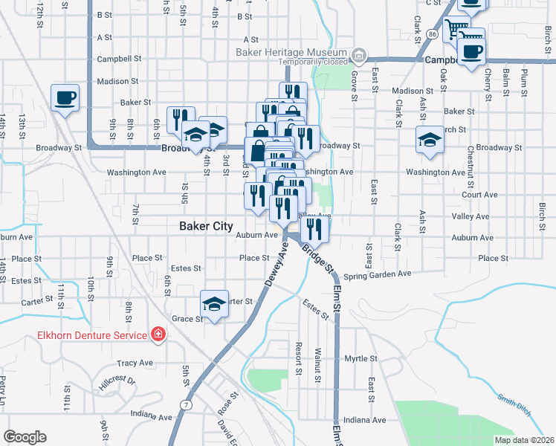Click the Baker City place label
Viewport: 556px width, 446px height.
(x=206, y=226)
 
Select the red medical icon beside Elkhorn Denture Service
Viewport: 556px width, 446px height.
(x=157, y=335)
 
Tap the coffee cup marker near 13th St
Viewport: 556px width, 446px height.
(x=65, y=98)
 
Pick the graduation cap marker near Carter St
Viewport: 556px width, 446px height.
(x=214, y=304)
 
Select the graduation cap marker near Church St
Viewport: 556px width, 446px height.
(x=429, y=140)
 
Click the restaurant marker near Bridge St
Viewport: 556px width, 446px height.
(x=315, y=230)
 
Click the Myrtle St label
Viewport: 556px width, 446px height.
(x=361, y=358)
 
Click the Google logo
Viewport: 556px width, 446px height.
(x=25, y=437)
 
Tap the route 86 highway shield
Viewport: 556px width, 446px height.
(x=432, y=34)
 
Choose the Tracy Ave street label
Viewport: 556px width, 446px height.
(x=135, y=363)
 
